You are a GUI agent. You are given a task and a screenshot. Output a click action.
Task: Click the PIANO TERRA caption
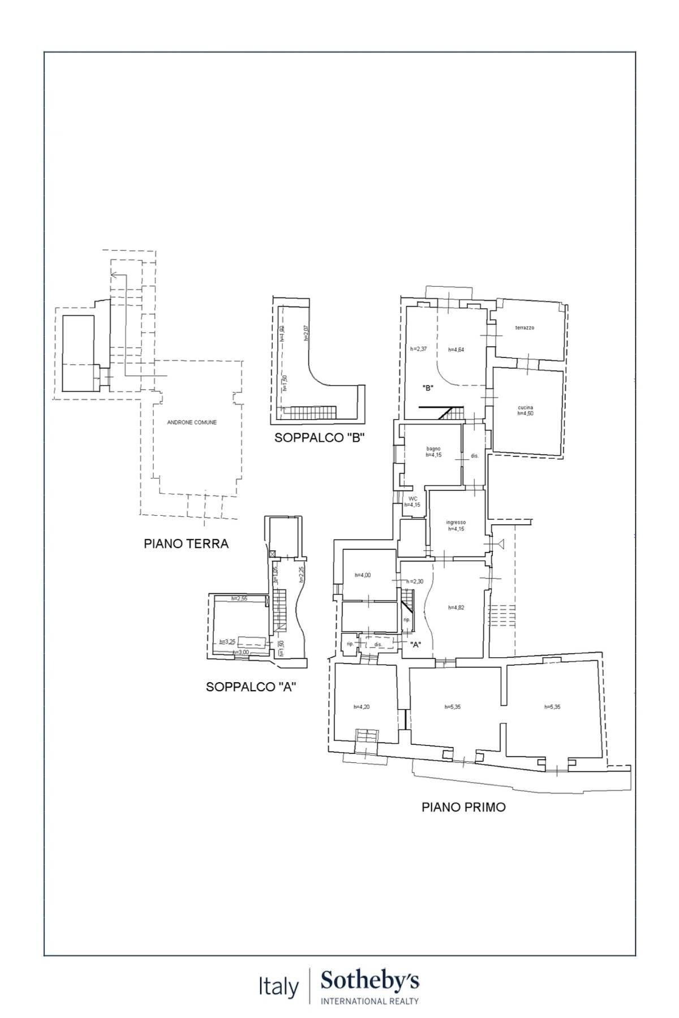[x=186, y=543]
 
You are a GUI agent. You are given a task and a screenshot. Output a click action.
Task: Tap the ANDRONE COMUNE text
[x=192, y=422]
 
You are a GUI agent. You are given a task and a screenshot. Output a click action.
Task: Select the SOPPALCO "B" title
[x=319, y=437]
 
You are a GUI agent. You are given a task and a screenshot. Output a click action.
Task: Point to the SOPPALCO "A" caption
[x=251, y=687]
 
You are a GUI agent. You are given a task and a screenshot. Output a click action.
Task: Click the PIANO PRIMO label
[x=463, y=807]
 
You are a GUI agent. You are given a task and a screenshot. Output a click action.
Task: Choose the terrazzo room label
[x=525, y=328]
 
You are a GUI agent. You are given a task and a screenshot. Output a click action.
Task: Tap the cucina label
[x=525, y=407]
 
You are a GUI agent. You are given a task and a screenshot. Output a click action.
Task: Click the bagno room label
[x=433, y=449]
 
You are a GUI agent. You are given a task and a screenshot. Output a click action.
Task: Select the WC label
[x=412, y=499]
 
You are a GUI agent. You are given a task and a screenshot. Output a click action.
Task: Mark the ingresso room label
[x=455, y=523]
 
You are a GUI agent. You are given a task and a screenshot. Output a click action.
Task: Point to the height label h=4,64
[x=456, y=350]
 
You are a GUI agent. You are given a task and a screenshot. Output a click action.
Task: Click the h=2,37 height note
[x=418, y=349]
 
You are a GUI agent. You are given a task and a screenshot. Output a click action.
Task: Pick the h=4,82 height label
[x=456, y=608]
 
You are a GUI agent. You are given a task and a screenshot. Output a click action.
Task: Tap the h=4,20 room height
[x=362, y=707]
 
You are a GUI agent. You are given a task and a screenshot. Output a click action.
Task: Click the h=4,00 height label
[x=363, y=575]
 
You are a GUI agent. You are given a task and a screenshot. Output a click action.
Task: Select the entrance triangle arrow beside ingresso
[x=500, y=543]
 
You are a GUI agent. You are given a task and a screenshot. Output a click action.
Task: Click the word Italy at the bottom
[x=278, y=987]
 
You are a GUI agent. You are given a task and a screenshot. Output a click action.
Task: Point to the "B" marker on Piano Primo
[x=428, y=388]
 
